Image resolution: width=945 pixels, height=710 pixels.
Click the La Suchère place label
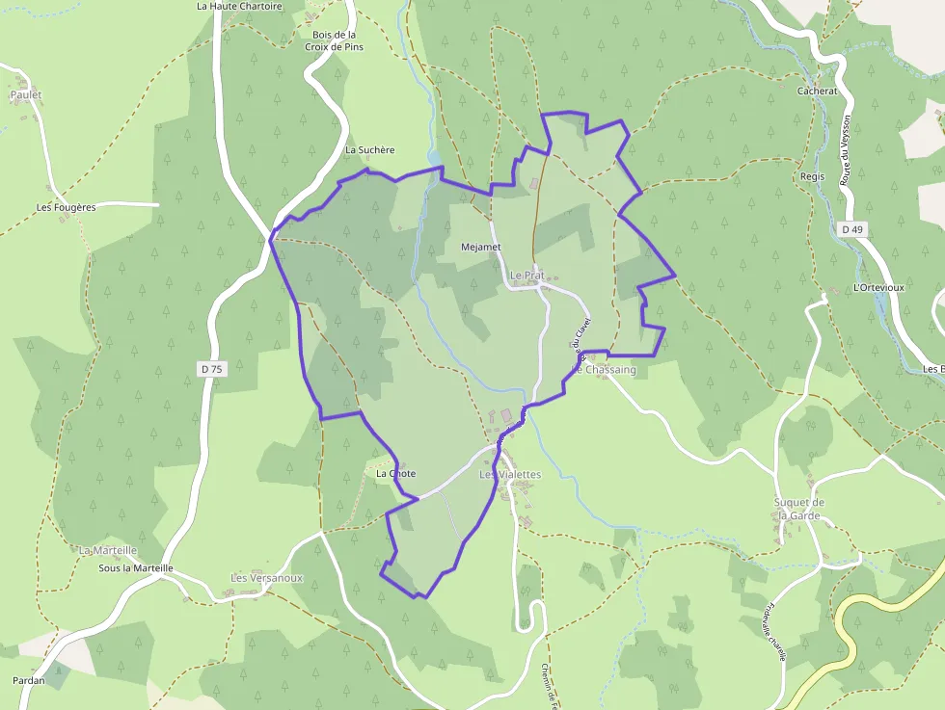tap(370, 150)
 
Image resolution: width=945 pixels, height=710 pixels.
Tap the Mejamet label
tap(481, 247)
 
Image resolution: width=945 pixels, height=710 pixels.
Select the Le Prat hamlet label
tap(526, 276)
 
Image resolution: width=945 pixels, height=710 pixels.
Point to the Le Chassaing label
tap(605, 370)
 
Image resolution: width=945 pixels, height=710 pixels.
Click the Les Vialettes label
tap(510, 475)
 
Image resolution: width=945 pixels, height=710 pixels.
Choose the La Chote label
tap(395, 474)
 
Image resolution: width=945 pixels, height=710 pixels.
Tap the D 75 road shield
tap(210, 369)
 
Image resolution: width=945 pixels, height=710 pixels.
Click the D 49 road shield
tap(851, 229)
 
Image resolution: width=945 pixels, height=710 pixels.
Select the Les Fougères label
tap(66, 207)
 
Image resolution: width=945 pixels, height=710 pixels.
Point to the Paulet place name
tap(26, 95)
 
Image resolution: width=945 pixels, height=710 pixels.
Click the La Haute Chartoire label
tap(239, 6)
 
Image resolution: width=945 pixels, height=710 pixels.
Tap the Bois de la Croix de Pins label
tap(335, 40)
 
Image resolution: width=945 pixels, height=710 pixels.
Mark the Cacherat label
tap(817, 92)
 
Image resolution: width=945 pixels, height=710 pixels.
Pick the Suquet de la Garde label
tap(799, 509)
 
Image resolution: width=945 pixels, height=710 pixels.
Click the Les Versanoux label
tap(266, 578)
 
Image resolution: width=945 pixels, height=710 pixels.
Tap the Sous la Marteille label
tap(136, 568)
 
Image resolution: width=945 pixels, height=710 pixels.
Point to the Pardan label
tap(28, 680)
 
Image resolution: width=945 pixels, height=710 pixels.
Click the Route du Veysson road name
tap(846, 150)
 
